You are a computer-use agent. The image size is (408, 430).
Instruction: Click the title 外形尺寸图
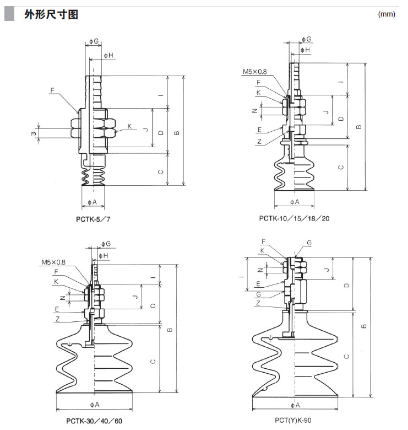tap(51, 14)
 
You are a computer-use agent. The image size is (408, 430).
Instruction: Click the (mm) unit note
tap(387, 14)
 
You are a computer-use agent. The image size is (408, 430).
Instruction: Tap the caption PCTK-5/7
tap(97, 218)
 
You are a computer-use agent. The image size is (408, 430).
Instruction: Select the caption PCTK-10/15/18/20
tap(295, 218)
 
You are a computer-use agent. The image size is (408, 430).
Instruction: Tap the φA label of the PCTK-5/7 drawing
tap(92, 202)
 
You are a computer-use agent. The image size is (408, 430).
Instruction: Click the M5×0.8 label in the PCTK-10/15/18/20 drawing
tap(254, 72)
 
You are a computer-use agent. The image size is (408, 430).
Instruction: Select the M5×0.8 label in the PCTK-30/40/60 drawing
tap(53, 262)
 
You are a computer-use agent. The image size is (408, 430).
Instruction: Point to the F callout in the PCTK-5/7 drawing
tap(52, 89)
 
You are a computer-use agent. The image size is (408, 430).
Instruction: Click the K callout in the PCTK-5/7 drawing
tap(129, 127)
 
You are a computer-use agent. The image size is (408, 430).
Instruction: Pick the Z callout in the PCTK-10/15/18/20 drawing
tap(259, 142)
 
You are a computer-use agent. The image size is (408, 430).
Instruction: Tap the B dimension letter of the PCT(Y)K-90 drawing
tap(364, 326)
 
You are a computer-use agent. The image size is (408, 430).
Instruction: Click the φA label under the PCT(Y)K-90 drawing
tap(295, 405)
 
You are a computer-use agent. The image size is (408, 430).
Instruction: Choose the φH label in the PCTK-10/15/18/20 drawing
tap(304, 50)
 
